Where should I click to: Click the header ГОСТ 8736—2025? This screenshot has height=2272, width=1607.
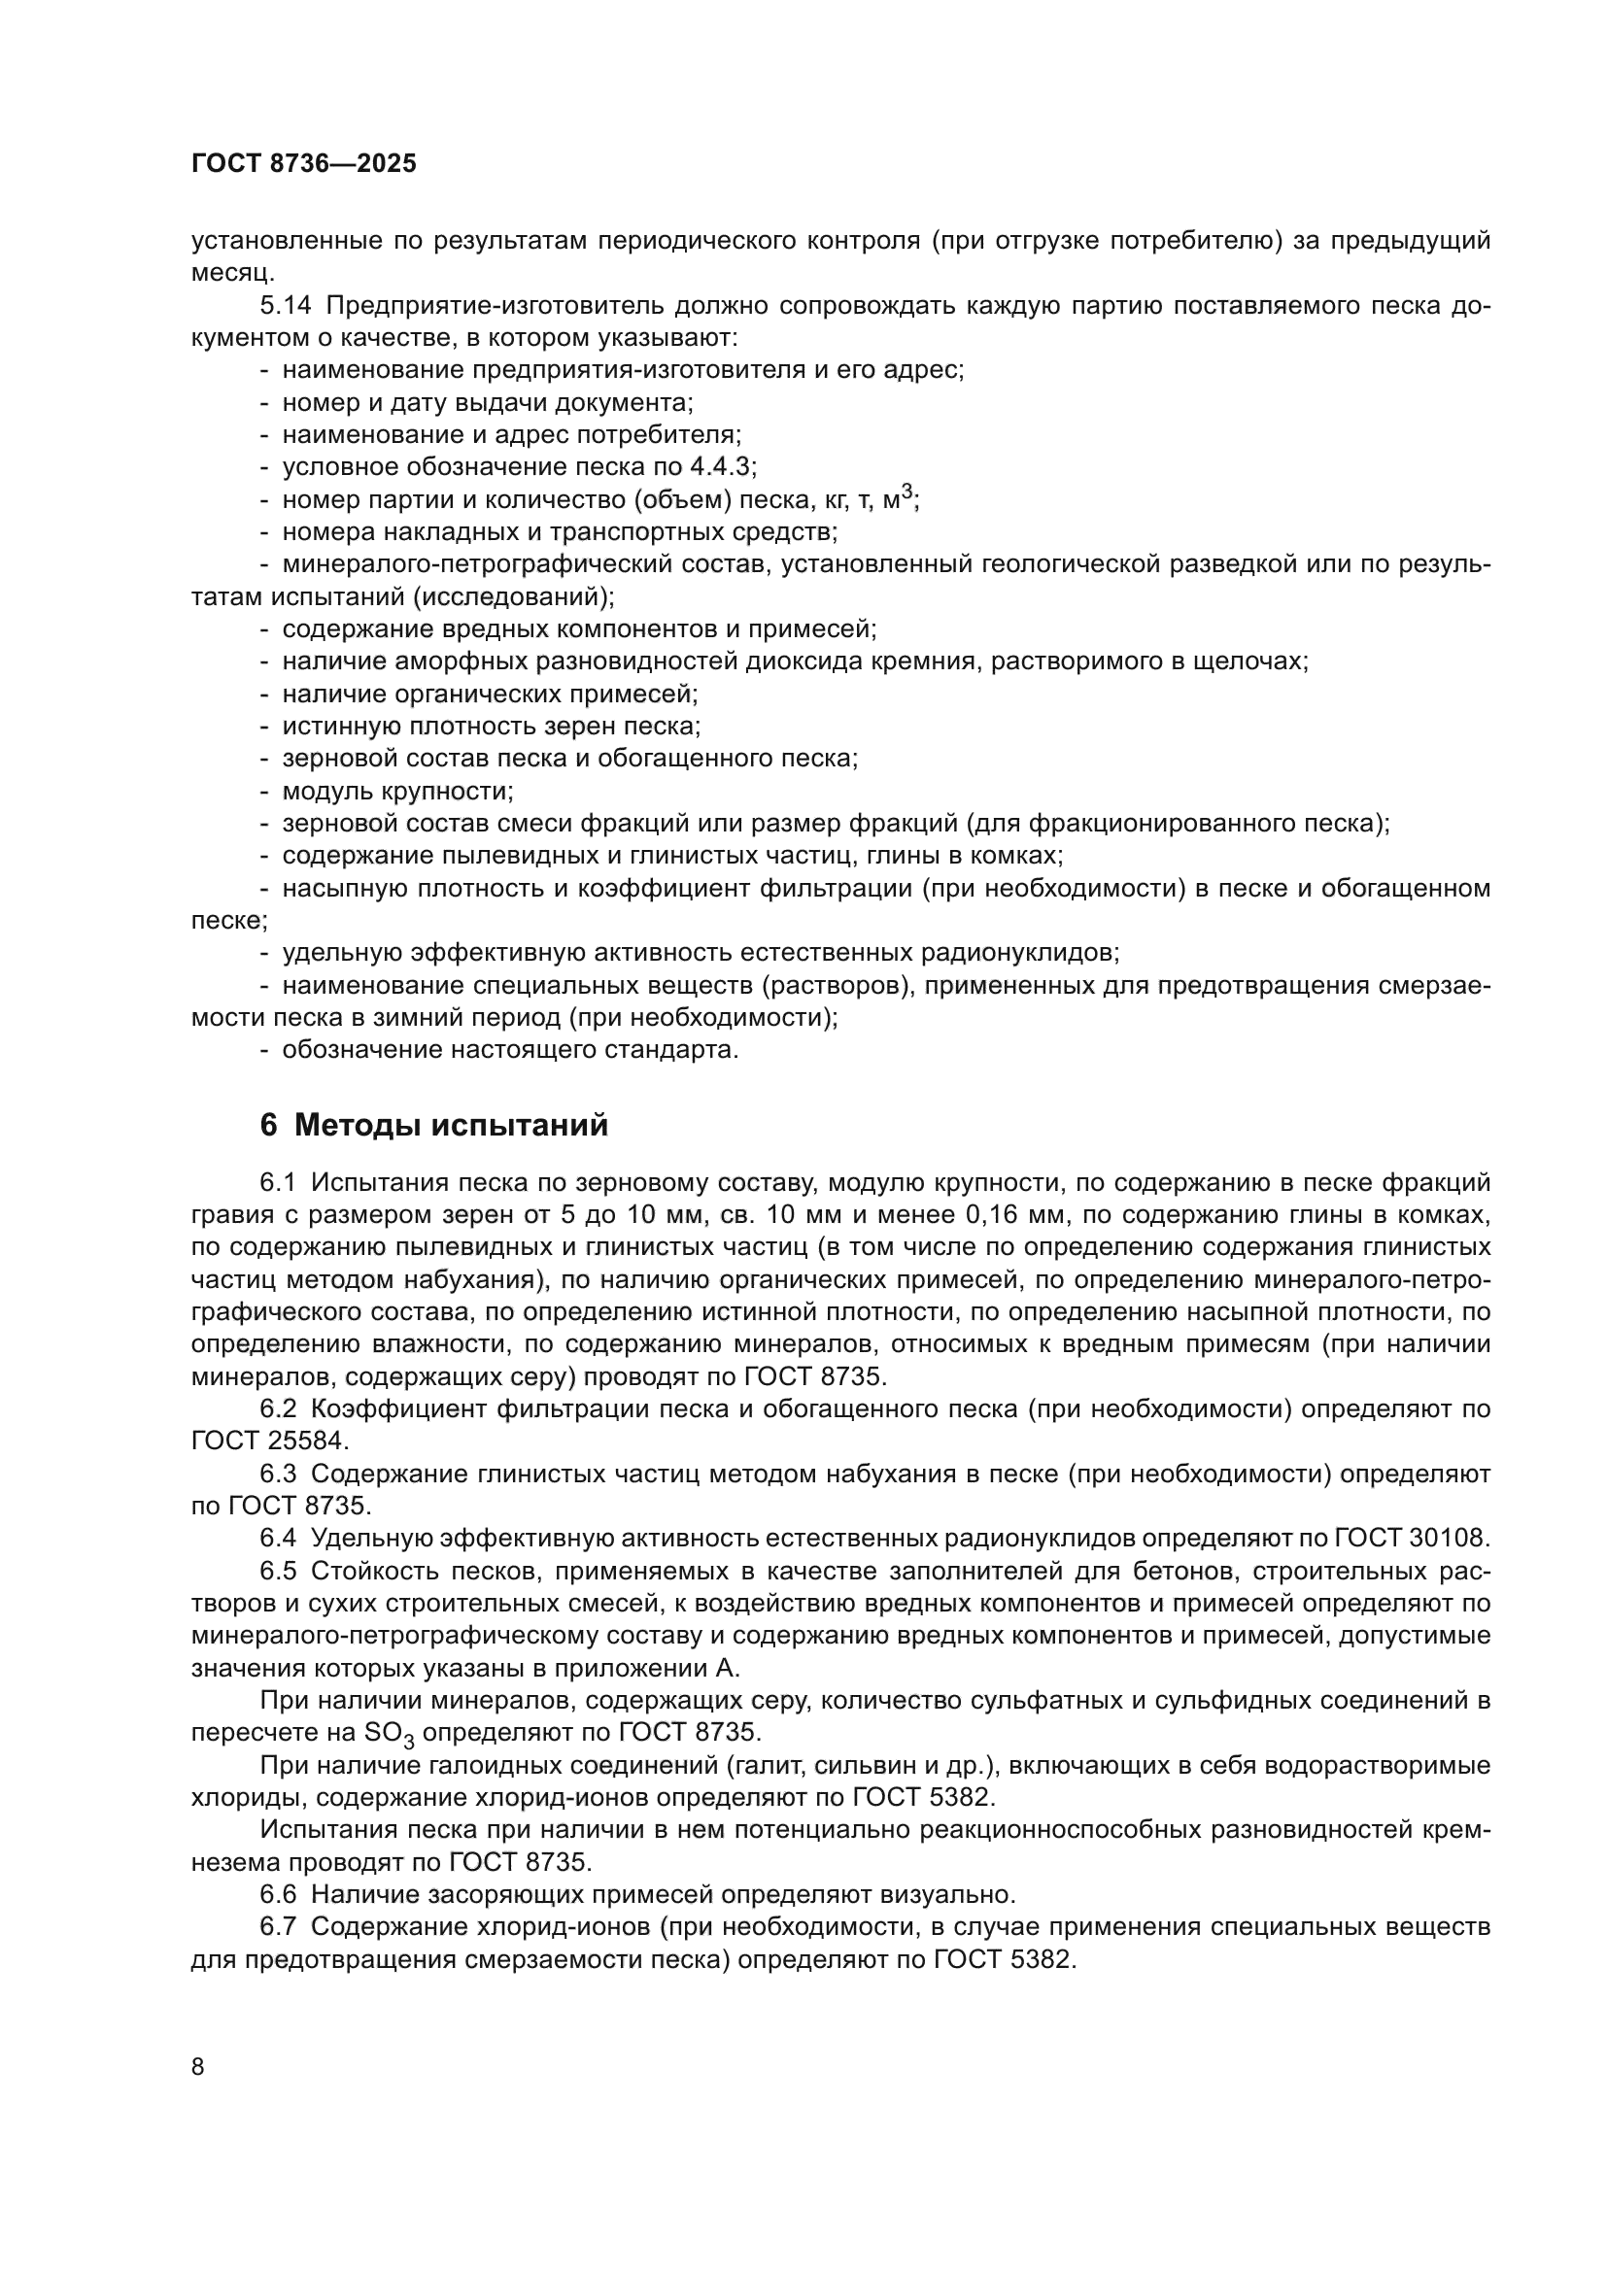tap(304, 164)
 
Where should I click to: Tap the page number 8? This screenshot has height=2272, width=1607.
tap(198, 2067)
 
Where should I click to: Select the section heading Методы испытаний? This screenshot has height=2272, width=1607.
tap(451, 1125)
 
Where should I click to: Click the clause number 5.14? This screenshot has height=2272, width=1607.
tap(287, 306)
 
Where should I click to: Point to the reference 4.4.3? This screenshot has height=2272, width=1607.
tap(722, 467)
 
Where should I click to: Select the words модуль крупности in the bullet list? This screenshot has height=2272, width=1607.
tap(396, 792)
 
